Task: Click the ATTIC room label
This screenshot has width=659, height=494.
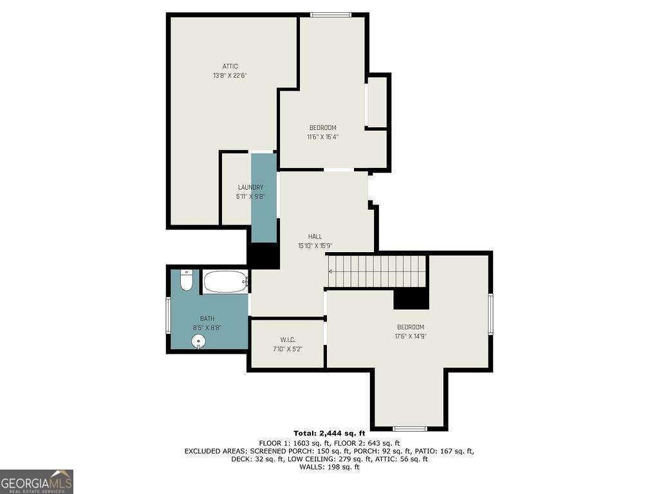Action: [230, 66]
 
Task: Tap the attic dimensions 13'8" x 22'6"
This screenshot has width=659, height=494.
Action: [230, 75]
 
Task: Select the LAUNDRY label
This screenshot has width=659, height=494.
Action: [250, 187]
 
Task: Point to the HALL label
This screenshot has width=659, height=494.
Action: [315, 237]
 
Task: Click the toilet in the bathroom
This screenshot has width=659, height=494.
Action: [186, 280]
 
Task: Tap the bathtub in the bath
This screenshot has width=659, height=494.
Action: [226, 282]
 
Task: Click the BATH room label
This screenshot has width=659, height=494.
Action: [207, 318]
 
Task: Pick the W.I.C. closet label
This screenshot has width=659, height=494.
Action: [287, 340]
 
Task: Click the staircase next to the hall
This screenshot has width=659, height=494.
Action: [377, 271]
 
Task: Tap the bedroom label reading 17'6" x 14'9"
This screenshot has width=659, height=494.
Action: [410, 336]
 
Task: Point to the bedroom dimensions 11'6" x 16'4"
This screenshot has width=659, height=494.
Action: [322, 136]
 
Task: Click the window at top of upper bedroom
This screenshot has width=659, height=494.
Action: [330, 15]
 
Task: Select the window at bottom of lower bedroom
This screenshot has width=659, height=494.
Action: [409, 428]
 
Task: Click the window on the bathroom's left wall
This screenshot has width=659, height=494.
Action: [169, 315]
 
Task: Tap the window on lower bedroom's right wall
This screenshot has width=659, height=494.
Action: [490, 314]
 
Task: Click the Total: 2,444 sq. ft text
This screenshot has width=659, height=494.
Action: [329, 433]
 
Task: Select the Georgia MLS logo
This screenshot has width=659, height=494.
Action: [37, 482]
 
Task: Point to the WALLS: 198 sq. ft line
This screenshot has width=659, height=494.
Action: [329, 467]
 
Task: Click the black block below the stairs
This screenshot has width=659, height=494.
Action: [411, 298]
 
